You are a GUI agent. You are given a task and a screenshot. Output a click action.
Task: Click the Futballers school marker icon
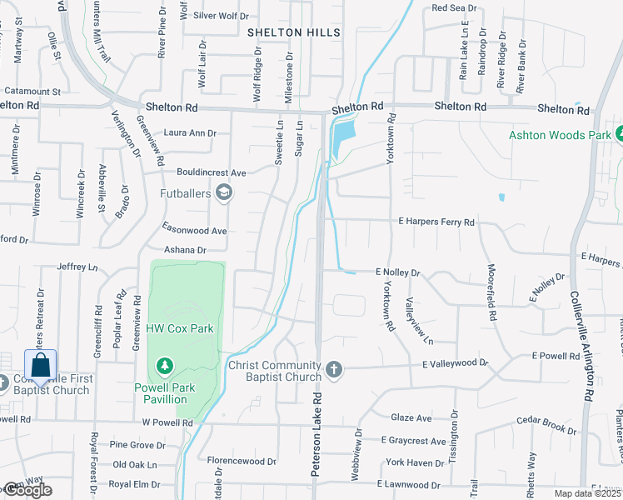point(223,194)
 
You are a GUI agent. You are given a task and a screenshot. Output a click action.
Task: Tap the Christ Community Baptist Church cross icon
point(334,369)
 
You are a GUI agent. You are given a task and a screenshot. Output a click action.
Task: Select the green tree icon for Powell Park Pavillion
point(165,366)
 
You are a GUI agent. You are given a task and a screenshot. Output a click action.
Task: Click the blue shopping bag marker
point(40,365)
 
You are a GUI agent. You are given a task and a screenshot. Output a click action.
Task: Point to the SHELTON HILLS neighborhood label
point(294,32)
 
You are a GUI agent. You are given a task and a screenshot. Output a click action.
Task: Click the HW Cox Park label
point(180,328)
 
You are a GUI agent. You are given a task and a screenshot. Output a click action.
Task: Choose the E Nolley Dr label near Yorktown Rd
point(398,272)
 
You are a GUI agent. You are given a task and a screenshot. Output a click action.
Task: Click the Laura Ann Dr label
point(190,132)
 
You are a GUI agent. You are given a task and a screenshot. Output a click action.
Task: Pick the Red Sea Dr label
point(454,8)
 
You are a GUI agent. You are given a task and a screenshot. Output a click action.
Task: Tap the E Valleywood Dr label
point(454,363)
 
